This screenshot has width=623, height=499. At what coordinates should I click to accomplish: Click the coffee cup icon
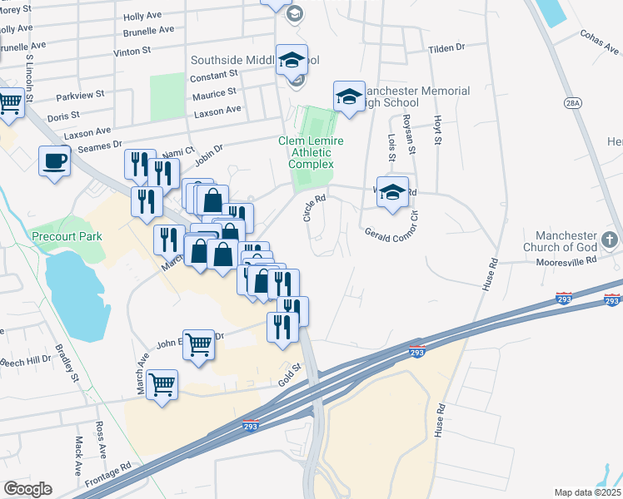coord(54,160)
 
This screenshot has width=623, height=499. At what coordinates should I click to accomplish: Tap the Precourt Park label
coord(67,236)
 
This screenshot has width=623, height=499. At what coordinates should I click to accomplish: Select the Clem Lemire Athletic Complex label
coord(310,153)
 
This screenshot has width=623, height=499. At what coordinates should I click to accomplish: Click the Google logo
coord(27,489)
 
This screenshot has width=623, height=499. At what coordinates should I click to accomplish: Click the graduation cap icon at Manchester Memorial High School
coord(350,96)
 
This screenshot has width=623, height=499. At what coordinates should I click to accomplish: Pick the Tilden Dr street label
coord(446,49)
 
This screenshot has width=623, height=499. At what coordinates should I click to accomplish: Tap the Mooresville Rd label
coord(568,260)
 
